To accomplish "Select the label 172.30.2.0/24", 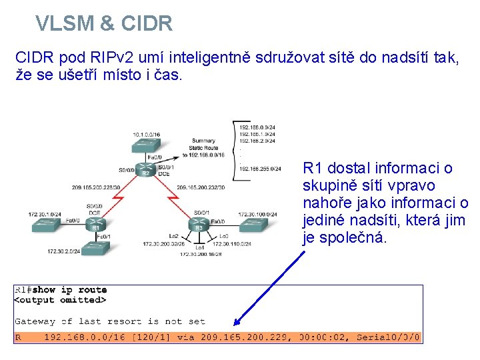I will click(64, 251).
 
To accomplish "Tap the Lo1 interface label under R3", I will click(200, 247).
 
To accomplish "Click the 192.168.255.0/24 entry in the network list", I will click(256, 170).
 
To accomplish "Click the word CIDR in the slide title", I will click(146, 24).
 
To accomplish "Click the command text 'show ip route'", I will click(69, 290).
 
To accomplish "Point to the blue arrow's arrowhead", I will click(236, 325).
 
